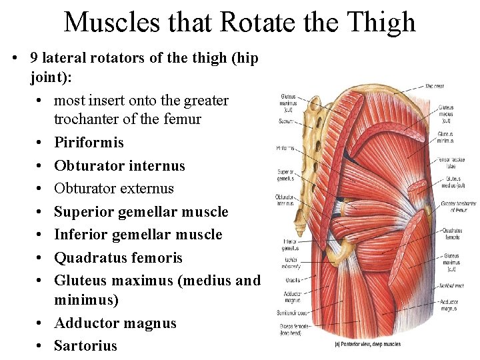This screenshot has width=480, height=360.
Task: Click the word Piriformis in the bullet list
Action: [x=89, y=143]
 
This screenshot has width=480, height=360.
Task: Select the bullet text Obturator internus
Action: [x=119, y=165]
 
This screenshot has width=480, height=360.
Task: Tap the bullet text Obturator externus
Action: [x=113, y=189]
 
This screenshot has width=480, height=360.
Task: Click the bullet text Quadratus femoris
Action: [x=118, y=258]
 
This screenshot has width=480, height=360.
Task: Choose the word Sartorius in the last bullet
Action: [x=85, y=345]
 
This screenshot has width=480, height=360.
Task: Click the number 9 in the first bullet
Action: [x=35, y=57]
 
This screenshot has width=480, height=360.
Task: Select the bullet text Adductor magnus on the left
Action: [x=115, y=323]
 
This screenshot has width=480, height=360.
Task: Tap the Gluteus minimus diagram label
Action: [x=445, y=137]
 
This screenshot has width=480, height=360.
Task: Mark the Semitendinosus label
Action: [x=293, y=312]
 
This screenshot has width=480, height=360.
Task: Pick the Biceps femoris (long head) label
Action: [x=293, y=329]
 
